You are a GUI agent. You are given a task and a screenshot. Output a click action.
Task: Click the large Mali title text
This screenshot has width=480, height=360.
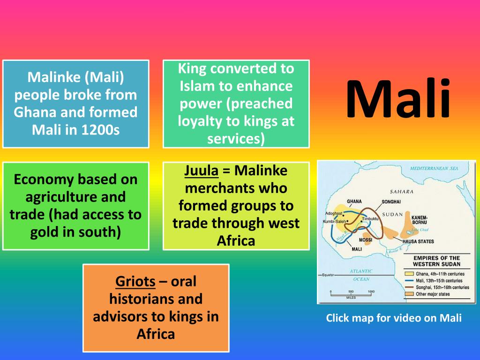pos(399,99)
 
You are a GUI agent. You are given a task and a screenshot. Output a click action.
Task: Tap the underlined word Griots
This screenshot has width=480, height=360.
pos(135,282)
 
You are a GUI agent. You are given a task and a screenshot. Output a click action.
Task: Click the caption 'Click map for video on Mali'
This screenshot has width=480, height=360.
pos(394,318)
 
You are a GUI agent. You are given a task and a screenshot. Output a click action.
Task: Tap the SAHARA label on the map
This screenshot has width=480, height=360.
pos(401,191)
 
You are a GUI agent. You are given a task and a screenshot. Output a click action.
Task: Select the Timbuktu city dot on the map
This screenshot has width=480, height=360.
pos(361,221)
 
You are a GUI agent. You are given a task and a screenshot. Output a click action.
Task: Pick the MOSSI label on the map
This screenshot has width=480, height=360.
pos(365,240)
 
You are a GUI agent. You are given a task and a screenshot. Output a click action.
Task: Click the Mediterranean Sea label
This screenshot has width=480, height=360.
pos(434,168)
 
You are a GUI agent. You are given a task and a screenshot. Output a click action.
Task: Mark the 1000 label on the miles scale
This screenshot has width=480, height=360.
pos(371,292)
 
